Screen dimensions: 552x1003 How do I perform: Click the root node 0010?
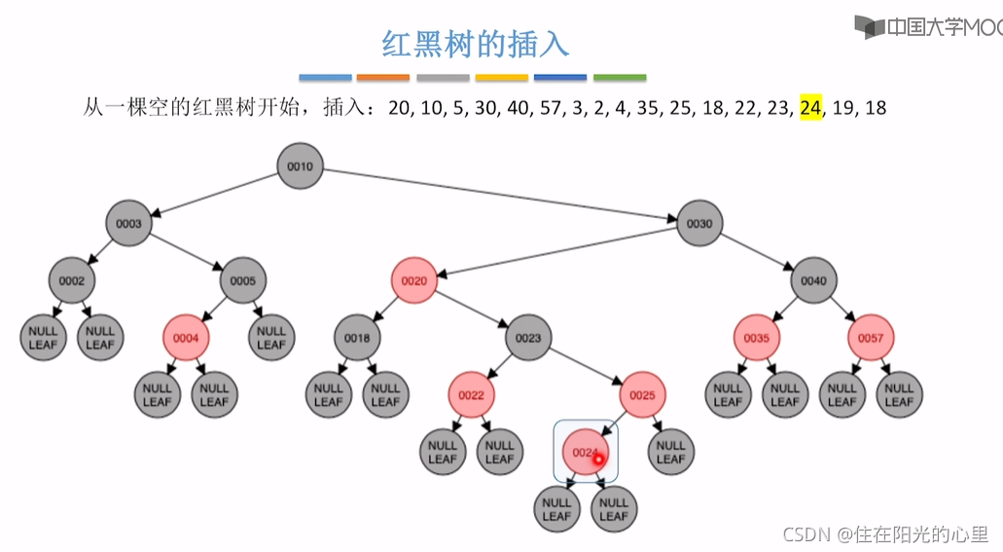point(300,166)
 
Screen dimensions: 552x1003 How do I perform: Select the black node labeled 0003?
point(129,224)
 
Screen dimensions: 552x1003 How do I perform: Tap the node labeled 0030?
point(700,224)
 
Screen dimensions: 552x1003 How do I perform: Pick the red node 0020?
point(414,281)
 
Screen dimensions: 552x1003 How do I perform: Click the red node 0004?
point(186,339)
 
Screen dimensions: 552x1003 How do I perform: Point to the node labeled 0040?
point(814,281)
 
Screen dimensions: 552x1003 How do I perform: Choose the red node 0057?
point(871,339)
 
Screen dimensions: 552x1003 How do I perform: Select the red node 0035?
point(757,339)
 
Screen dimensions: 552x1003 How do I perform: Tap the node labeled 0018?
point(357,339)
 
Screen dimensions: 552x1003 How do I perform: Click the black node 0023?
point(528,339)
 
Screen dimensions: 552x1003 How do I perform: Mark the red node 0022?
point(472,395)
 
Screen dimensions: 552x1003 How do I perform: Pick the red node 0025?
point(642,395)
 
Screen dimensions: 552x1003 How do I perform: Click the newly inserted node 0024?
point(585,453)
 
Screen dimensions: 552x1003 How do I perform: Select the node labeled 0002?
point(72,281)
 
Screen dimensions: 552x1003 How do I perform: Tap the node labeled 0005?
point(243,281)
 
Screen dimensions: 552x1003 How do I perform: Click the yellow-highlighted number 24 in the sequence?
point(810,108)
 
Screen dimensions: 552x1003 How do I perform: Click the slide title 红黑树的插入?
point(475,44)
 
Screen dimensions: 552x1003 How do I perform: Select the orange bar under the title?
point(383,78)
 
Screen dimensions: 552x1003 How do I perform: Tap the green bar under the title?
point(620,78)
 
